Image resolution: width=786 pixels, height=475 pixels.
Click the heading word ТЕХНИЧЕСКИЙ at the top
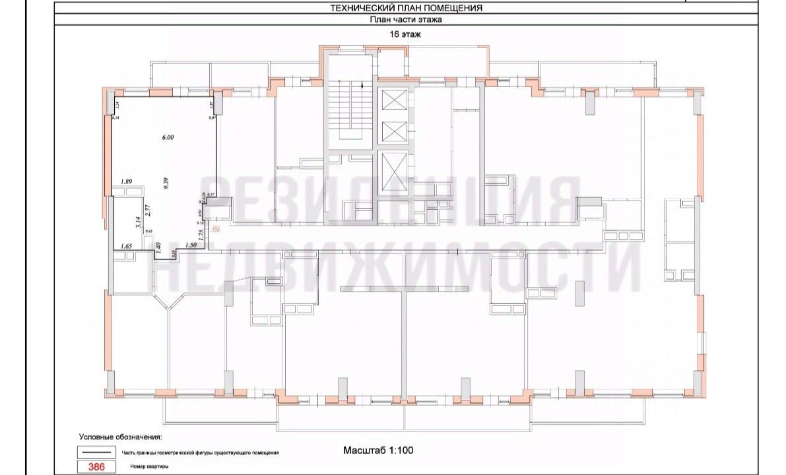(x=370, y=9)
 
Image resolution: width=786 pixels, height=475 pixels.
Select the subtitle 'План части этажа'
(x=405, y=20)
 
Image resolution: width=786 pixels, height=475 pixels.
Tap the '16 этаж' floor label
(x=405, y=36)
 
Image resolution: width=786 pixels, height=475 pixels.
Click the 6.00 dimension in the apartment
(x=167, y=138)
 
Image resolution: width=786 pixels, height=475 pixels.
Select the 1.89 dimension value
(x=127, y=181)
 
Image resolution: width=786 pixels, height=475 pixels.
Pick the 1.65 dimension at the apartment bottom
(x=127, y=245)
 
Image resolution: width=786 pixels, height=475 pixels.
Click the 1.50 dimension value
(x=191, y=245)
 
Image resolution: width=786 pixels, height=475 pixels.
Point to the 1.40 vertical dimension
(x=158, y=248)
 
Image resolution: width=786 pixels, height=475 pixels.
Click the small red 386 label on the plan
(x=214, y=229)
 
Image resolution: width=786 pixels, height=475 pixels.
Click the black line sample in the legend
(x=96, y=453)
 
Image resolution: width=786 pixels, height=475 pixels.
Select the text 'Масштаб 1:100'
(x=377, y=451)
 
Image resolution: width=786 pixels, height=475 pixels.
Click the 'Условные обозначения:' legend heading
(x=120, y=437)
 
